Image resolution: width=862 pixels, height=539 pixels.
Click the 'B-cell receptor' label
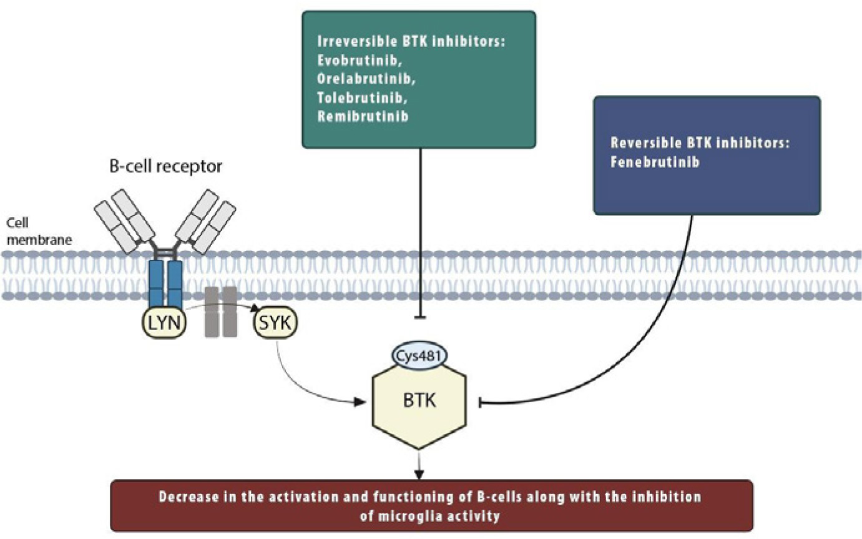point(165,167)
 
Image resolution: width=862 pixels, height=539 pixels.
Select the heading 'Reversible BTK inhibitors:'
point(700,142)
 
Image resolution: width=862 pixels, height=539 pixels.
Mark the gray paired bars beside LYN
point(222,312)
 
